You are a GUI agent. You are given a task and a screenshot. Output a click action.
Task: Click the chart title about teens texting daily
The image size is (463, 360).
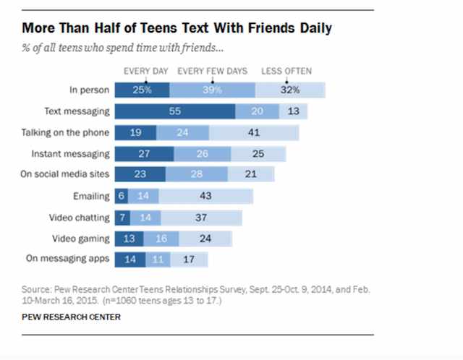pyautogui.click(x=178, y=29)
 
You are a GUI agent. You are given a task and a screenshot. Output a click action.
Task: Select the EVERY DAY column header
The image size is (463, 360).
pyautogui.click(x=145, y=71)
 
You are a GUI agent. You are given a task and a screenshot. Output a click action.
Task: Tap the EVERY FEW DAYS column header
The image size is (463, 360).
pyautogui.click(x=212, y=71)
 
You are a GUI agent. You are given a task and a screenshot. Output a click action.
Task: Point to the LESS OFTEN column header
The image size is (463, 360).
pyautogui.click(x=287, y=71)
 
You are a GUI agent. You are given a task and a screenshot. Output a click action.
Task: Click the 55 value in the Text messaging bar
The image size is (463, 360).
pyautogui.click(x=175, y=111)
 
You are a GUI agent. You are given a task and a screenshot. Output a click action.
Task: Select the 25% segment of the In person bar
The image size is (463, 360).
pyautogui.click(x=142, y=90)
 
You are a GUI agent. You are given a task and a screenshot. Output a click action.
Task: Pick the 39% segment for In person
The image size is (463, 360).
pyautogui.click(x=212, y=90)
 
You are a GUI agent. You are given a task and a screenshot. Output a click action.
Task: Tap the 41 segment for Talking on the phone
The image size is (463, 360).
pyautogui.click(x=253, y=133)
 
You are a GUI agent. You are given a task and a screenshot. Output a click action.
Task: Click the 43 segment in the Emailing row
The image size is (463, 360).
pyautogui.click(x=205, y=196)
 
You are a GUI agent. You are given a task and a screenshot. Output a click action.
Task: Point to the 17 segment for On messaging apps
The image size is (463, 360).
pyautogui.click(x=187, y=259)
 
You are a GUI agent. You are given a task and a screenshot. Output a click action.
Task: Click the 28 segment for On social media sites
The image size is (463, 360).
pyautogui.click(x=196, y=175)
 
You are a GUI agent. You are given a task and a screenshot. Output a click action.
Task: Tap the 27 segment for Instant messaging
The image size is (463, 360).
pyautogui.click(x=143, y=154)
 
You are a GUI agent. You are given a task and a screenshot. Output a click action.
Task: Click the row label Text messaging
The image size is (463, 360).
pyautogui.click(x=77, y=111)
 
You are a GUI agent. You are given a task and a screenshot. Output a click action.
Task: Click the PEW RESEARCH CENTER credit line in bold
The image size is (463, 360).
pyautogui.click(x=71, y=317)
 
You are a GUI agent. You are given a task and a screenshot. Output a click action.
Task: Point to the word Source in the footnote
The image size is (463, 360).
pyautogui.click(x=35, y=288)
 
